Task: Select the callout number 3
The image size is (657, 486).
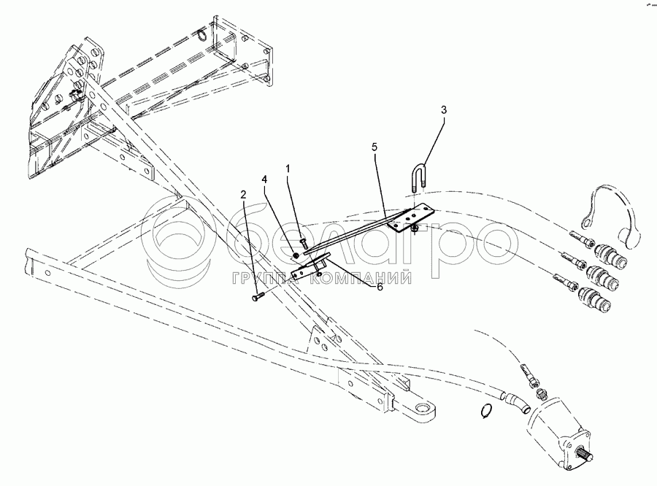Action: point(443,109)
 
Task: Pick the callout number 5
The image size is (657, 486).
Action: point(374,147)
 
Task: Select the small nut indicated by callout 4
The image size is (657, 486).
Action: point(294,255)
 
